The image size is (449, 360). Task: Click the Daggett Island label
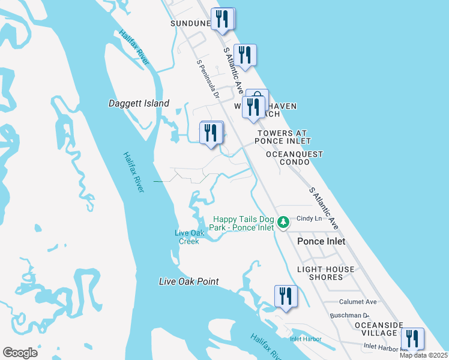coord(139,103)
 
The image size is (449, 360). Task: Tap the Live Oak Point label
coord(188,281)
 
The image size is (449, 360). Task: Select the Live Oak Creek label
coord(188,237)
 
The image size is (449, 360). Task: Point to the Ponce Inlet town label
coord(321,241)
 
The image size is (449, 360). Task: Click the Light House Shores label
coord(326,273)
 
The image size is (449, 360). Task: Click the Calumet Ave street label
coord(358,302)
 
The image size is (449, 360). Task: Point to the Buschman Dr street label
coord(349,315)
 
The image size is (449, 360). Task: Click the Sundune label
coord(191,23)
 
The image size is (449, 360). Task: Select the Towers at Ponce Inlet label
coord(282,137)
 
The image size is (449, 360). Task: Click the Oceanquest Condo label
coord(294,158)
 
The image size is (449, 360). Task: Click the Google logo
coord(20,352)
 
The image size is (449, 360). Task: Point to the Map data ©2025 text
coord(424,355)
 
